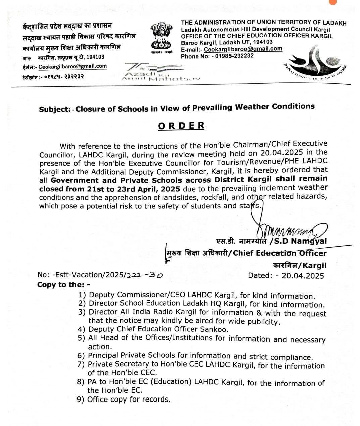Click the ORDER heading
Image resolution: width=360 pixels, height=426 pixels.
coord(181,126)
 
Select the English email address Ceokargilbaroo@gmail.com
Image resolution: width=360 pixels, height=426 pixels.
coord(243,49)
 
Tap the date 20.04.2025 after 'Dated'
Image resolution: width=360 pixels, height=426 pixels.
coord(303,276)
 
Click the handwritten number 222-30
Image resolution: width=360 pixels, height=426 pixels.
coord(143,275)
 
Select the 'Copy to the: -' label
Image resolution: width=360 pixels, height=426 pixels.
coord(64,285)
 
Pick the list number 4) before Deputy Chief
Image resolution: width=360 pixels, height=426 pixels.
coord(82,330)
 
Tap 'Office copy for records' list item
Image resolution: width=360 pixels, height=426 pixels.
coord(129,400)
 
